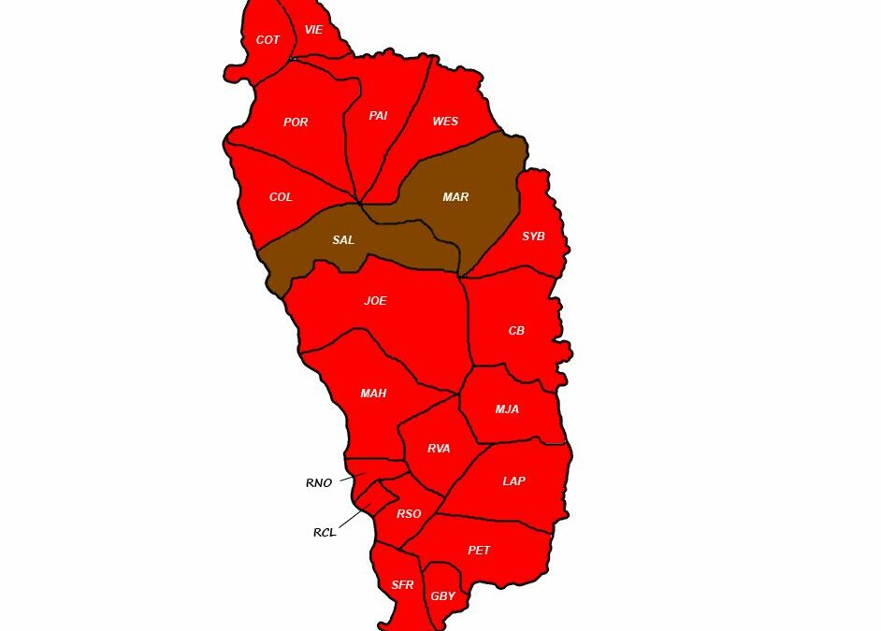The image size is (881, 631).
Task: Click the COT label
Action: [267, 40]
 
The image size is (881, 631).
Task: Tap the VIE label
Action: [313, 30]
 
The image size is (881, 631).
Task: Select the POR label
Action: [296, 122]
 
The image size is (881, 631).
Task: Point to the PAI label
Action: [378, 116]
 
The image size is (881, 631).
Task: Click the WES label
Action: [445, 122]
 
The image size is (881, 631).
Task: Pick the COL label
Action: [281, 197]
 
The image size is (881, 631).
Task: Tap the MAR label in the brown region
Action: [455, 197]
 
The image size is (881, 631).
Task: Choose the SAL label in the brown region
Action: [343, 240]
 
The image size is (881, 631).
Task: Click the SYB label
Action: [533, 237]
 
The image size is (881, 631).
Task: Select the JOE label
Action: [375, 301]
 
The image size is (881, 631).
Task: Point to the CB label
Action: [516, 331]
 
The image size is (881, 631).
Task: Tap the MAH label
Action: [373, 394]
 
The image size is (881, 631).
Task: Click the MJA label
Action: [507, 409]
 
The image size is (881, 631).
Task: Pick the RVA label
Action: [439, 449]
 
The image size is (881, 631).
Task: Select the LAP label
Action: [513, 481]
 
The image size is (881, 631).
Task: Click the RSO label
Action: [409, 514]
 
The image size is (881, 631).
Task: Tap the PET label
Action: [479, 551]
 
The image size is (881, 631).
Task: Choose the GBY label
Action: [442, 596]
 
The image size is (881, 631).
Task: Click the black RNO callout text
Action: [318, 483]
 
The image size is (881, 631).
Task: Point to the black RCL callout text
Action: [324, 533]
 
